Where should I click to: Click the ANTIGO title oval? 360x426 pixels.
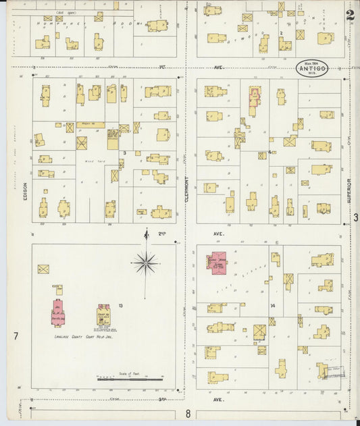coord(312,67)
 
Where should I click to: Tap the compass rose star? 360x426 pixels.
coord(145,261)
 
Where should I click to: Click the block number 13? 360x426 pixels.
coord(120,306)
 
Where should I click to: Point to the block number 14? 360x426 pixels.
coord(273,306)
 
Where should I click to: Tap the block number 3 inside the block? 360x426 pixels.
coord(125,153)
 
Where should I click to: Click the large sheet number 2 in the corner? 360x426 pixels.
coord(349,15)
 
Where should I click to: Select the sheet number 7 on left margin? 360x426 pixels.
coord(15,336)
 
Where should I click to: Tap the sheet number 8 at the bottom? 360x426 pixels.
coord(188,413)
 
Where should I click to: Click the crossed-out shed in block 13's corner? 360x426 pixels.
coord(43,269)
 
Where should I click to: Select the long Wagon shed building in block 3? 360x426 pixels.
coord(89,124)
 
